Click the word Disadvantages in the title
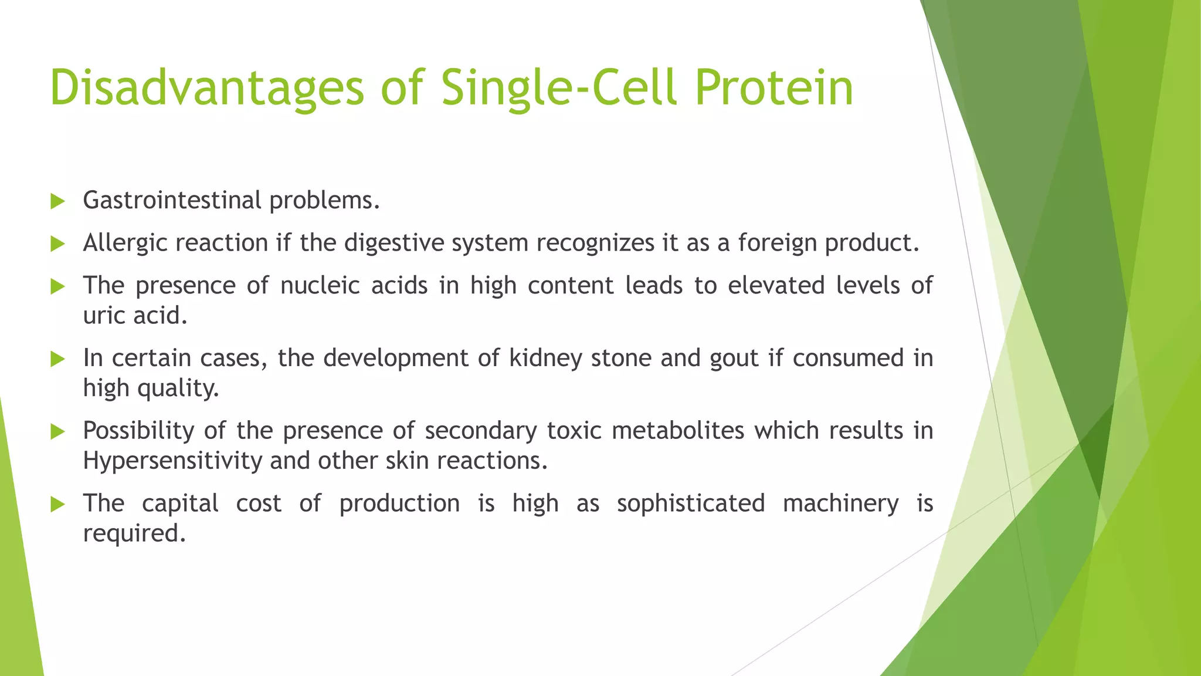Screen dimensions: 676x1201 206,88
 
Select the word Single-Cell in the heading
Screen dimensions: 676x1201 559,88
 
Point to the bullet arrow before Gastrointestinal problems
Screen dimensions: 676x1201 57,202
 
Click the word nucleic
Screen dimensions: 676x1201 320,286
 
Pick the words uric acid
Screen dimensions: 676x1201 135,316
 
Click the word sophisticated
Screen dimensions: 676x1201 690,504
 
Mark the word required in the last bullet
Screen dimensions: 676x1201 134,534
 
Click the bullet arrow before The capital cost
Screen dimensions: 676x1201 57,505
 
